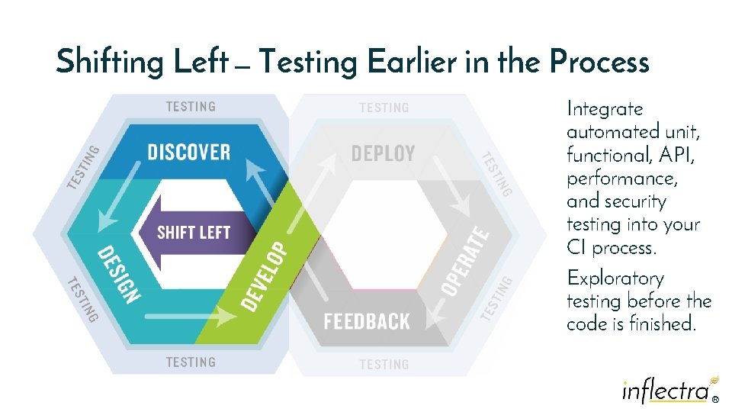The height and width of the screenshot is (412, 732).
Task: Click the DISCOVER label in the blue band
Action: pyautogui.click(x=188, y=152)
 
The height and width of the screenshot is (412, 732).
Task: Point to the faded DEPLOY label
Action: pyautogui.click(x=383, y=153)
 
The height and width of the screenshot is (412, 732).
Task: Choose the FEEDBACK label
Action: pyautogui.click(x=366, y=321)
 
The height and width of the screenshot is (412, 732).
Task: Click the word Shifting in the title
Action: pyautogui.click(x=109, y=61)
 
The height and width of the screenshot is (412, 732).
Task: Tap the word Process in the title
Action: pyautogui.click(x=599, y=61)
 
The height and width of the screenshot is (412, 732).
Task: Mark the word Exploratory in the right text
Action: pyautogui.click(x=615, y=278)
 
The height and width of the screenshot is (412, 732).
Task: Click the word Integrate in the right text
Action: pyautogui.click(x=605, y=109)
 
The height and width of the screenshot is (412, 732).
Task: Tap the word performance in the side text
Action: pyautogui.click(x=622, y=179)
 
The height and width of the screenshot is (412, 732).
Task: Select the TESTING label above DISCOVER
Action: pyautogui.click(x=191, y=107)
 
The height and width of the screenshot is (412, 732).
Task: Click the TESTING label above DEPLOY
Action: pyautogui.click(x=384, y=108)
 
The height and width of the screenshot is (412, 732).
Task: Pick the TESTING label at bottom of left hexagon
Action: pyautogui.click(x=191, y=362)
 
